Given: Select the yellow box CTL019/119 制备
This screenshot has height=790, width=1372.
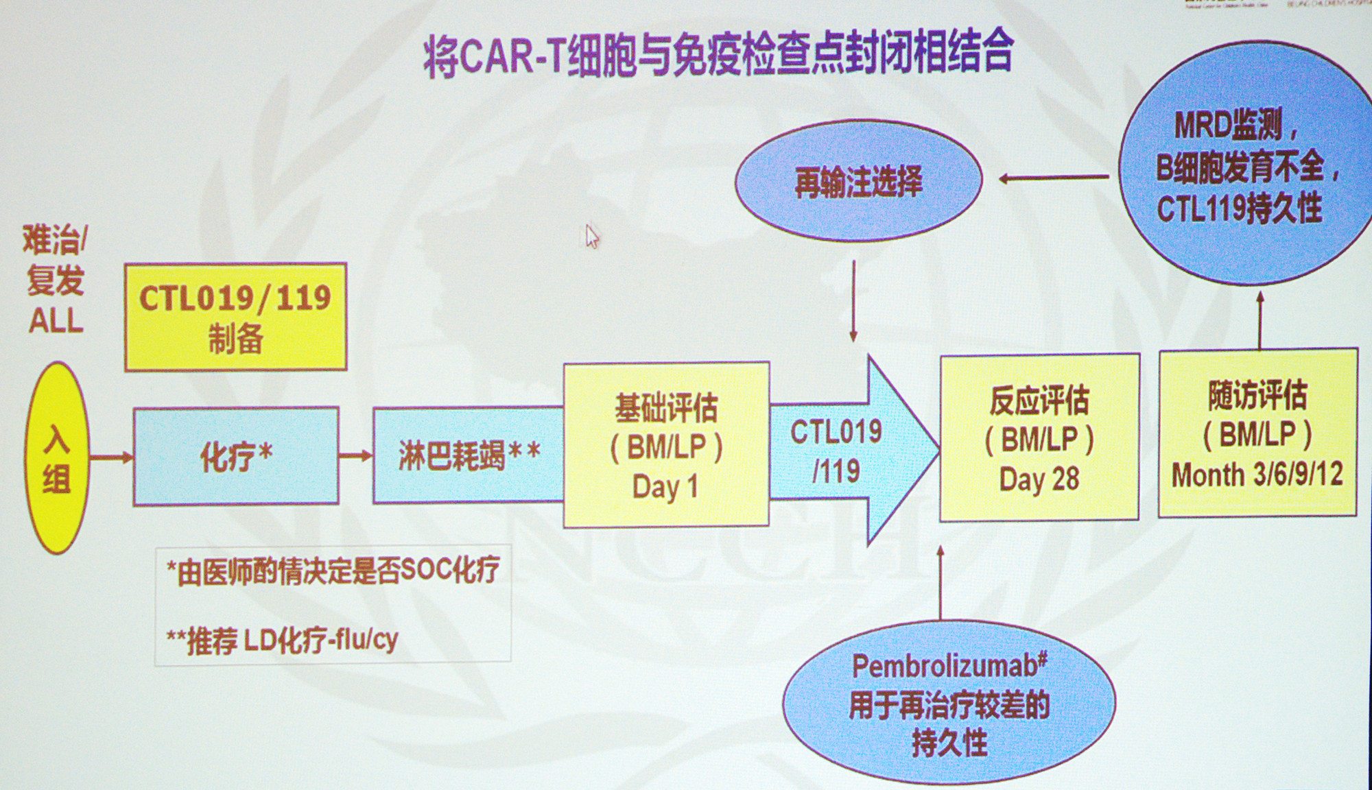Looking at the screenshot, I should [x=235, y=317].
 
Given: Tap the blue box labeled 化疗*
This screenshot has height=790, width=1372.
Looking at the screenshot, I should [x=236, y=456].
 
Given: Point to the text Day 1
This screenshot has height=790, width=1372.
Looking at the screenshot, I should [x=665, y=487].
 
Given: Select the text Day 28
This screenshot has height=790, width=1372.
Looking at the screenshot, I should [x=1039, y=479].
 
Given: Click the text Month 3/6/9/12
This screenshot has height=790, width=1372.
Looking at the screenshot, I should [x=1257, y=475].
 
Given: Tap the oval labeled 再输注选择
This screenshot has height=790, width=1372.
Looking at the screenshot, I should [x=858, y=182].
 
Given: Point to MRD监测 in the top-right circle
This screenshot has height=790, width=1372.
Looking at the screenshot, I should [x=1235, y=125].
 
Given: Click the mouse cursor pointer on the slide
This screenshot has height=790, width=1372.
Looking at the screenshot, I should [x=592, y=237].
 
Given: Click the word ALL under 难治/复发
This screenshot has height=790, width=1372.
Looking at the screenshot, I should [x=56, y=321].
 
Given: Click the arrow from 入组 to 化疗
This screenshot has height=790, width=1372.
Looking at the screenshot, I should [x=111, y=457].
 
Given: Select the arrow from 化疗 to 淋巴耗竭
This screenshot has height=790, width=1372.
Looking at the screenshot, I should [x=355, y=455].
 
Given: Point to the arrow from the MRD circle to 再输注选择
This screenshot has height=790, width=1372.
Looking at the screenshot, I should [x=1053, y=178].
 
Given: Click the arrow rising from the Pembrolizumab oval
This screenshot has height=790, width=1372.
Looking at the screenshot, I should [x=941, y=583].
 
